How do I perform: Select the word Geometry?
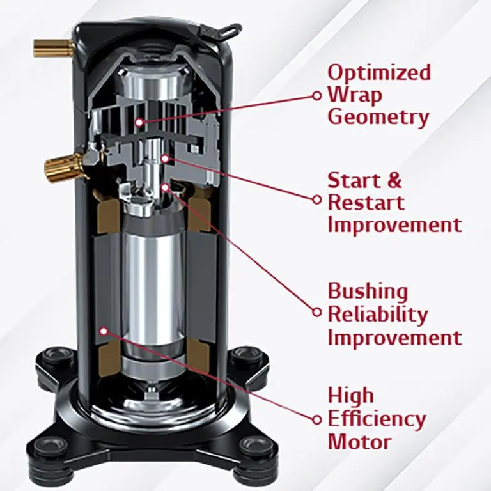pyautogui.click(x=378, y=118)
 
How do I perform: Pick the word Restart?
pyautogui.click(x=366, y=203)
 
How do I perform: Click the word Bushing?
pyautogui.click(x=368, y=292)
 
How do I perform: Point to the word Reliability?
pyautogui.click(x=378, y=314)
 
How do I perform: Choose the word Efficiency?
pyautogui.click(x=377, y=419)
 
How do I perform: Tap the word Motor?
pyautogui.click(x=359, y=441)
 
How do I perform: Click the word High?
pyautogui.click(x=350, y=396)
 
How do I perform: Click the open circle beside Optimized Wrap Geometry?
pyautogui.click(x=316, y=95)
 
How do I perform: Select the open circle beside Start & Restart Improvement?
pyautogui.click(x=316, y=199)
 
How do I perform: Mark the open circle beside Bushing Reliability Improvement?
pyautogui.click(x=316, y=312)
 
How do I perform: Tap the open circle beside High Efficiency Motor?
pyautogui.click(x=316, y=419)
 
